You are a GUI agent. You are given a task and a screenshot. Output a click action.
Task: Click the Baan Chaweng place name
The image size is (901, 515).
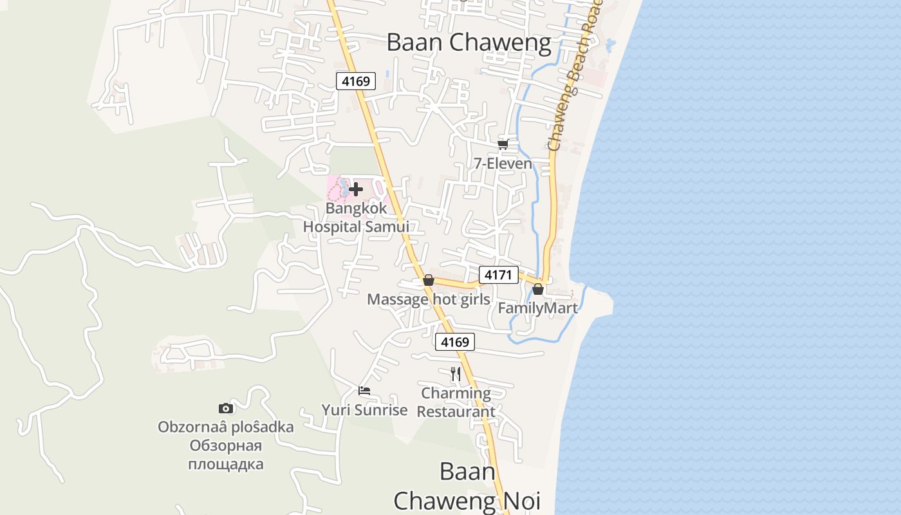click(469, 42)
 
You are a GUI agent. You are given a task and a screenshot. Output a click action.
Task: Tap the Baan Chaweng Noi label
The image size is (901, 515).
click(467, 486)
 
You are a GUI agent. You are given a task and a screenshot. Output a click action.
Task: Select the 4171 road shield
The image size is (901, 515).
click(498, 276)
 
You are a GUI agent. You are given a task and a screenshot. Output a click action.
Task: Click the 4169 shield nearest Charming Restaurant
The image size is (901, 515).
click(455, 342)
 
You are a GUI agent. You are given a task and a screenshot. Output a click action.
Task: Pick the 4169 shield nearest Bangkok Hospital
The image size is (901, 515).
click(356, 81)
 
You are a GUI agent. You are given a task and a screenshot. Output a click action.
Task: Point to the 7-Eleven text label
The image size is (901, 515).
click(503, 164)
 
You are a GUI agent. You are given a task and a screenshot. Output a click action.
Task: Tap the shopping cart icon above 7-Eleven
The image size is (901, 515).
click(503, 144)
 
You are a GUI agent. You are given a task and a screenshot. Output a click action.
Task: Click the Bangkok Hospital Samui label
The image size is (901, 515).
click(356, 218)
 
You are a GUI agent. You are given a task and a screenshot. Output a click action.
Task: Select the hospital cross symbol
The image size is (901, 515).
click(356, 189)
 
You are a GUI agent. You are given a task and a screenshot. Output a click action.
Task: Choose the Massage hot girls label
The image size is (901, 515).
click(429, 299)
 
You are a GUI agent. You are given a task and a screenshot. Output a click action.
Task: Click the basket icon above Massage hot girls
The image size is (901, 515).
click(429, 281)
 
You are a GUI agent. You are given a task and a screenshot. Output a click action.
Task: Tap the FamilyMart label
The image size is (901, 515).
click(538, 308)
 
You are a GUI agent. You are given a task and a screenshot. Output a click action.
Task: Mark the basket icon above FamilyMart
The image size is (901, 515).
click(538, 290)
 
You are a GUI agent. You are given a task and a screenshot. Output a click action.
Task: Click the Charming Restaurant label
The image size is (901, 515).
click(456, 402)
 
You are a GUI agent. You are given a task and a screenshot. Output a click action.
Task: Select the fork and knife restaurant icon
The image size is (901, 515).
click(456, 374)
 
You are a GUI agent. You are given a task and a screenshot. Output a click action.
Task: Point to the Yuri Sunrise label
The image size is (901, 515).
click(365, 410)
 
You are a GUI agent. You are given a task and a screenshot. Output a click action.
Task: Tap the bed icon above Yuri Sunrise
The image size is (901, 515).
click(364, 391)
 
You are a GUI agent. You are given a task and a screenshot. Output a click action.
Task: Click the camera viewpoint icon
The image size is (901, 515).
click(226, 408)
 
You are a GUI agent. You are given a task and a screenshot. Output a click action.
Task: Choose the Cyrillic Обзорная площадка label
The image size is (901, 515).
click(226, 455)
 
